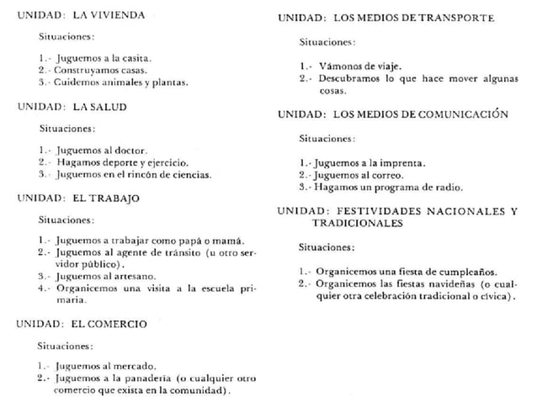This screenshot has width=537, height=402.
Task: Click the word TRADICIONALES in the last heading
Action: (x=356, y=224)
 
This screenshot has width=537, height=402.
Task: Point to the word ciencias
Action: (x=190, y=174)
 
